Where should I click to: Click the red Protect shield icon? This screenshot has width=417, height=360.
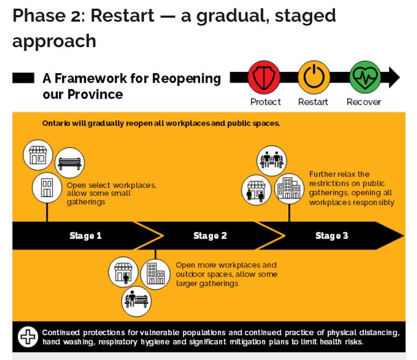(x=263, y=77)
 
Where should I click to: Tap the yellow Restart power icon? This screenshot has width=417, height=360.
(x=314, y=77)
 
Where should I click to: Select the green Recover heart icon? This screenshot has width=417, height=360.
(x=365, y=77)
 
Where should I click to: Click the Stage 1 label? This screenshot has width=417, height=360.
(x=85, y=235)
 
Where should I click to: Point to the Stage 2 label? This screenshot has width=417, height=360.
(x=210, y=235)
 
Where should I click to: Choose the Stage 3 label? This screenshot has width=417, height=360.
(x=332, y=235)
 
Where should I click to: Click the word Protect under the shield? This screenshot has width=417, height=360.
(x=266, y=102)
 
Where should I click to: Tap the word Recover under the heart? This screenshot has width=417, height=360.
(x=364, y=102)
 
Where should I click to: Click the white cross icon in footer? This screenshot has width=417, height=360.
(x=28, y=337)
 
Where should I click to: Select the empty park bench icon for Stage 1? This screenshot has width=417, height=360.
(x=70, y=163)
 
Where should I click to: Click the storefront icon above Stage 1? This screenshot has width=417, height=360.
(x=38, y=155)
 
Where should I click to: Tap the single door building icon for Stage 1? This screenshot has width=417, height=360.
(x=47, y=188)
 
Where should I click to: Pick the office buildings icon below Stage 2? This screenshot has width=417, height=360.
(x=155, y=274)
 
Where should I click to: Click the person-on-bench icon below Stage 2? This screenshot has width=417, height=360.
(x=136, y=302)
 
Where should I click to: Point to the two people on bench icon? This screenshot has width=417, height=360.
(x=272, y=161)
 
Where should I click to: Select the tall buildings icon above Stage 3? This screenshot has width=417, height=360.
(x=289, y=189)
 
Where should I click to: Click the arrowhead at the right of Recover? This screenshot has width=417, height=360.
(x=394, y=77)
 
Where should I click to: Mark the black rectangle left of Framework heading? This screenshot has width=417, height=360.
(x=23, y=78)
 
